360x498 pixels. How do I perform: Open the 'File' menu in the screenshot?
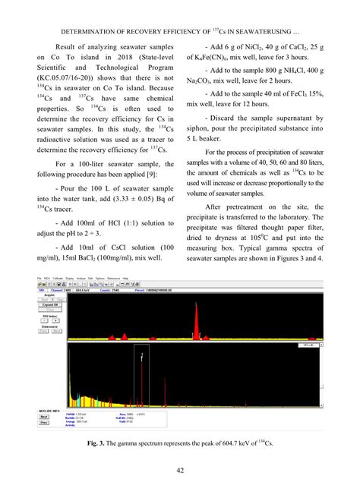[39, 279]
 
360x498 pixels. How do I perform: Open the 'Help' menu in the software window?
[125, 279]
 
